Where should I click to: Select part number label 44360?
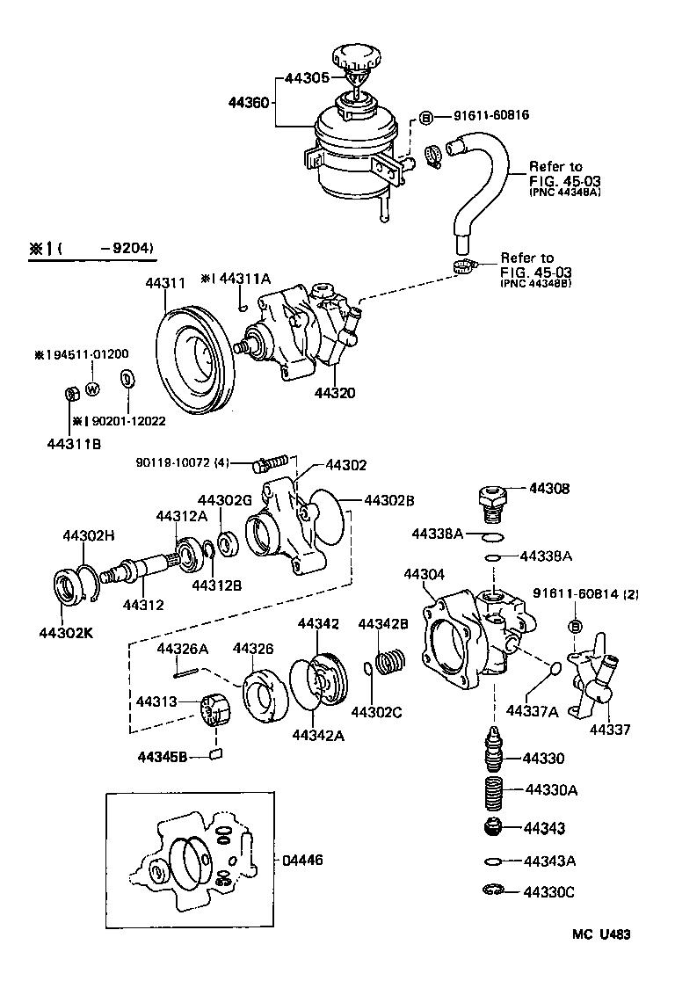248,102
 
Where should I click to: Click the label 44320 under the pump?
335,393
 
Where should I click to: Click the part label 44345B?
163,757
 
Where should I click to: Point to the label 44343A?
550,861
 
